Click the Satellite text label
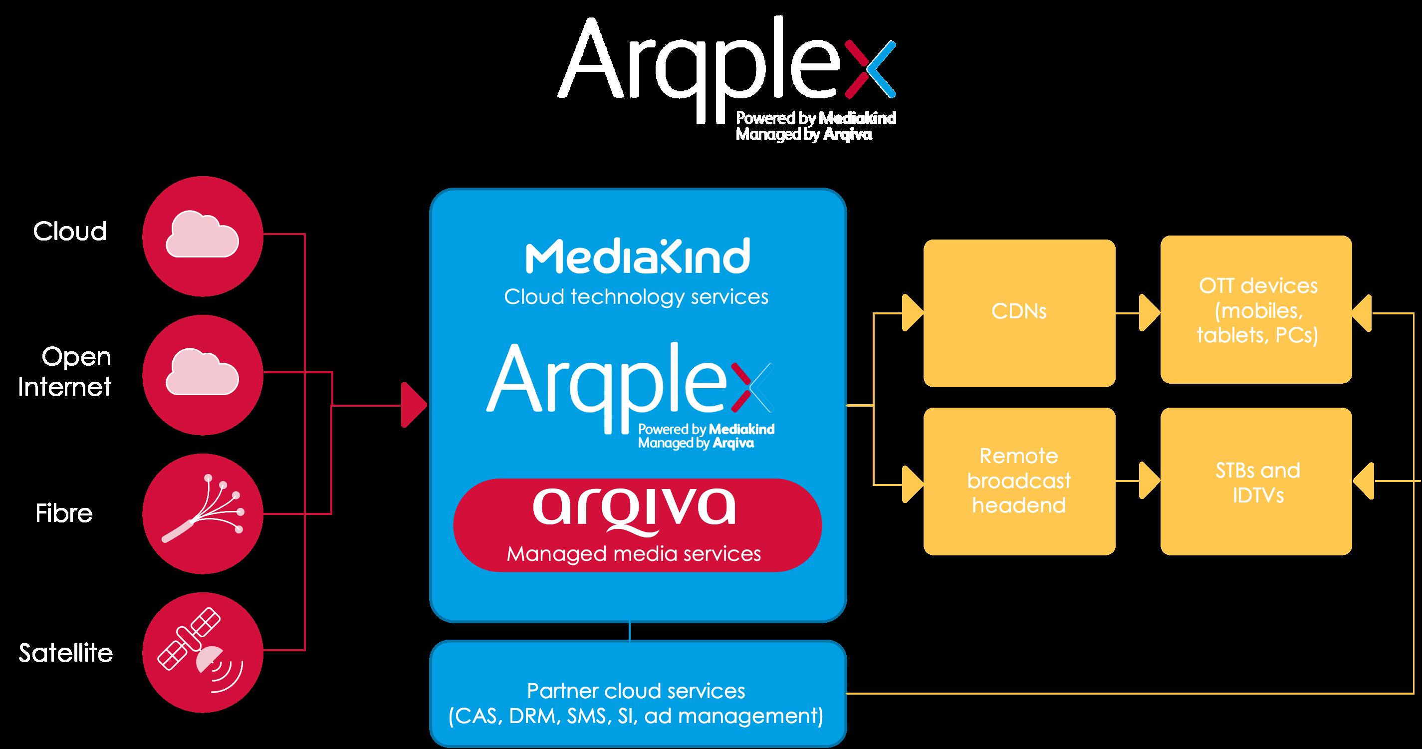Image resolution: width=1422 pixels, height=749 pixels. coord(66,653)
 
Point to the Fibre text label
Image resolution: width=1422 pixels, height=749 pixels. coord(64,513)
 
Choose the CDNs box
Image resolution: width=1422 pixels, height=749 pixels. coord(1019,312)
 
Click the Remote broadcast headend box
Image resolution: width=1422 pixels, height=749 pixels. coord(1019,481)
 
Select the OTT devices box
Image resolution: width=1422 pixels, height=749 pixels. coord(1256,310)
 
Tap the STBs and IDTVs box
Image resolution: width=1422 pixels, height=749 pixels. coord(1256,482)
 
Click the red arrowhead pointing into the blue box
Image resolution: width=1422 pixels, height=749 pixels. coord(414,405)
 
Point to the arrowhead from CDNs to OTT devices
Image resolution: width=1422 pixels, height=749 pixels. coord(1149,313)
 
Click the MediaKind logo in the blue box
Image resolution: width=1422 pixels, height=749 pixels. coord(638,256)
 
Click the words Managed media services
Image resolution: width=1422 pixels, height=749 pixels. coord(634,553)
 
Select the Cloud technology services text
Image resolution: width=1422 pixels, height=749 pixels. coord(636,297)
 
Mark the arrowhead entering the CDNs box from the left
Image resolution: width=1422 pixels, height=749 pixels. coord(912,313)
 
